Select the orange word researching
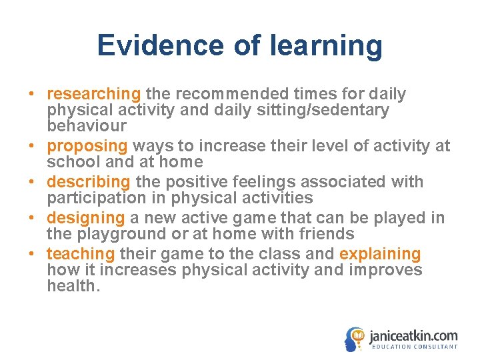tap(94, 94)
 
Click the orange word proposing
tap(87, 145)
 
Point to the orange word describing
tap(89, 181)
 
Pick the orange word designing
tap(86, 218)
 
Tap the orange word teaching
tap(81, 254)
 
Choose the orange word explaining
tap(380, 254)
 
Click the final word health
tap(72, 287)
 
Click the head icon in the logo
tap(355, 337)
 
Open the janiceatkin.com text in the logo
tap(413, 335)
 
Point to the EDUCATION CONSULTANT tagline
tap(414, 347)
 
